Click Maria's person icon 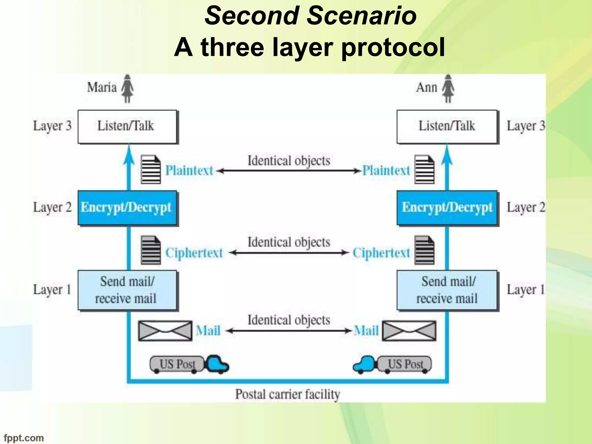[x=127, y=88]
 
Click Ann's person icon [x=448, y=88]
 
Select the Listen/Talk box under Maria [x=127, y=127]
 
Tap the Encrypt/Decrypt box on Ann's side [x=447, y=208]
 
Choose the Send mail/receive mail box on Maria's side [x=127, y=290]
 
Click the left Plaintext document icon [x=151, y=169]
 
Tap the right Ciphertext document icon [x=424, y=250]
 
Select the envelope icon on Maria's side [x=165, y=331]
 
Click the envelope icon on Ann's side [x=409, y=331]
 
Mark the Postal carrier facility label [x=287, y=394]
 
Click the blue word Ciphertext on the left [x=194, y=253]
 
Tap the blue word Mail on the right [x=366, y=331]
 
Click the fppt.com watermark [x=24, y=438]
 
